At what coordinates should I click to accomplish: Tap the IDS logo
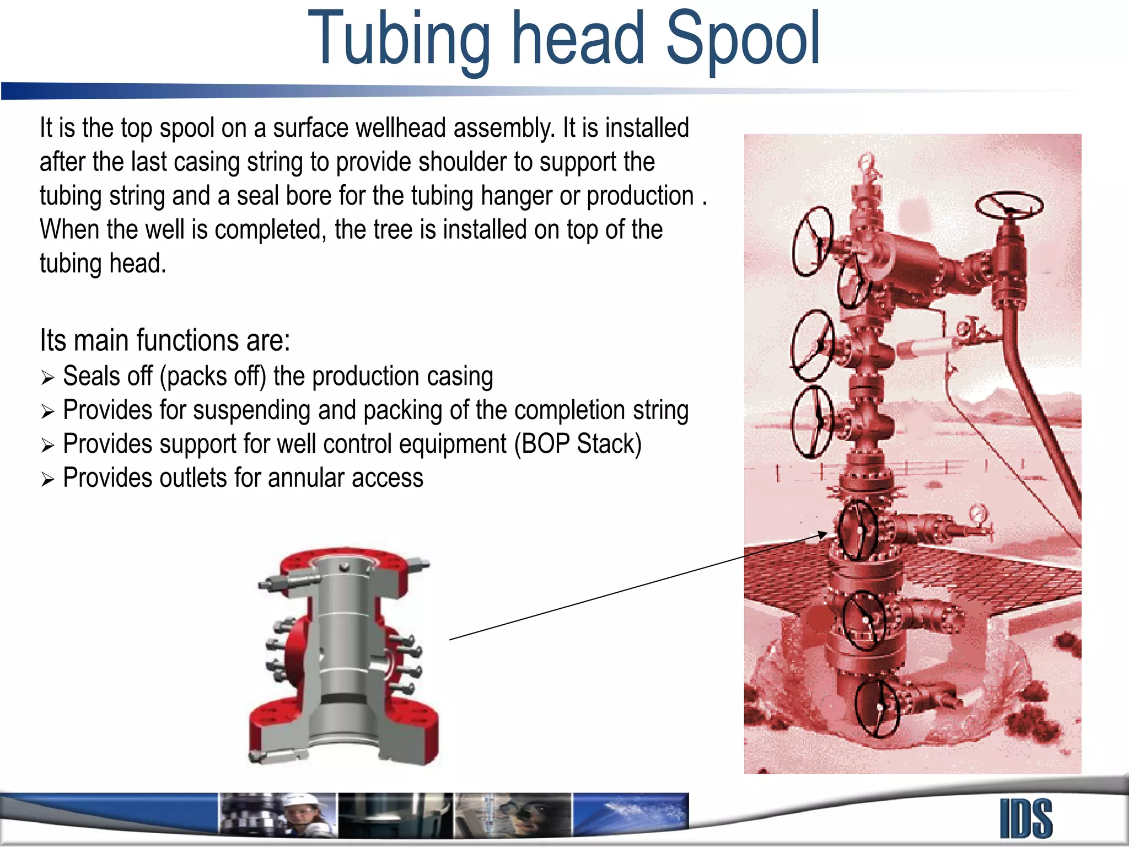pyautogui.click(x=1026, y=819)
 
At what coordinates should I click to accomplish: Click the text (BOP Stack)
pyautogui.click(x=578, y=444)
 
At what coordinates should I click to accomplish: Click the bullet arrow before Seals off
pyautogui.click(x=47, y=378)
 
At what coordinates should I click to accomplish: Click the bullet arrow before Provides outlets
pyautogui.click(x=47, y=479)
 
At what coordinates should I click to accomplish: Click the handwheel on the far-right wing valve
pyautogui.click(x=1009, y=206)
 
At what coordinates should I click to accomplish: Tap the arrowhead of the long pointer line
pyautogui.click(x=822, y=534)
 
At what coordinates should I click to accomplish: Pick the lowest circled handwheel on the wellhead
pyautogui.click(x=877, y=708)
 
